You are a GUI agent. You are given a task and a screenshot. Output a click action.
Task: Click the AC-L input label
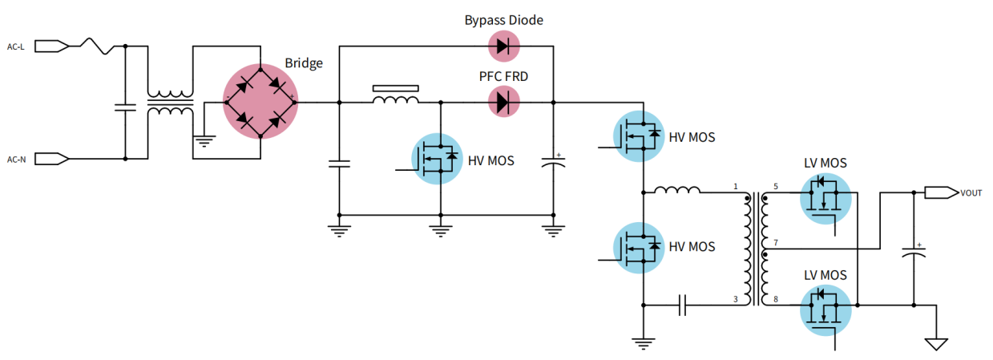coord(16,47)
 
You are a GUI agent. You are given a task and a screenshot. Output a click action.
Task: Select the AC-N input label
coord(16,159)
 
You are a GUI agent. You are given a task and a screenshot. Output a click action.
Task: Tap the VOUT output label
coord(971,192)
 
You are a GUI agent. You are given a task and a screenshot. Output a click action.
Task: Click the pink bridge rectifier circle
coord(260,103)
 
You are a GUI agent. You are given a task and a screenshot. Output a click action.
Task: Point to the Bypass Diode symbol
coord(503,46)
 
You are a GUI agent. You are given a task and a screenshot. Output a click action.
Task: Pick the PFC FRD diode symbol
coord(503,102)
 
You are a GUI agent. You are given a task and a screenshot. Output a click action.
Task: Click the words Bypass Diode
coord(503,20)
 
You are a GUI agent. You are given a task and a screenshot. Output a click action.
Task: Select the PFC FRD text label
coord(503,76)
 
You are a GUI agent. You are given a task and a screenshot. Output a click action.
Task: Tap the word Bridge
coord(304,63)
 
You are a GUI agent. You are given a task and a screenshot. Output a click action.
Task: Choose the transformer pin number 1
coord(734,187)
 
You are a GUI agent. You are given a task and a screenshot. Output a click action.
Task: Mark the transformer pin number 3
coord(734,299)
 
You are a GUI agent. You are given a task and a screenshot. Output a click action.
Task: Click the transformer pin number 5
coord(775,187)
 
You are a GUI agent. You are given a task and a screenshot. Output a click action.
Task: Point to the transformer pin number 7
coord(775,242)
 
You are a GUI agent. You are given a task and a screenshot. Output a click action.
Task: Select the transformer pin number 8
coord(775,299)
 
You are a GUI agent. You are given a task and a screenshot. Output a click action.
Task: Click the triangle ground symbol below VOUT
coord(935,344)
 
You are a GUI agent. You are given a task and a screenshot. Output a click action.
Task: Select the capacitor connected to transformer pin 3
coord(683,305)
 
